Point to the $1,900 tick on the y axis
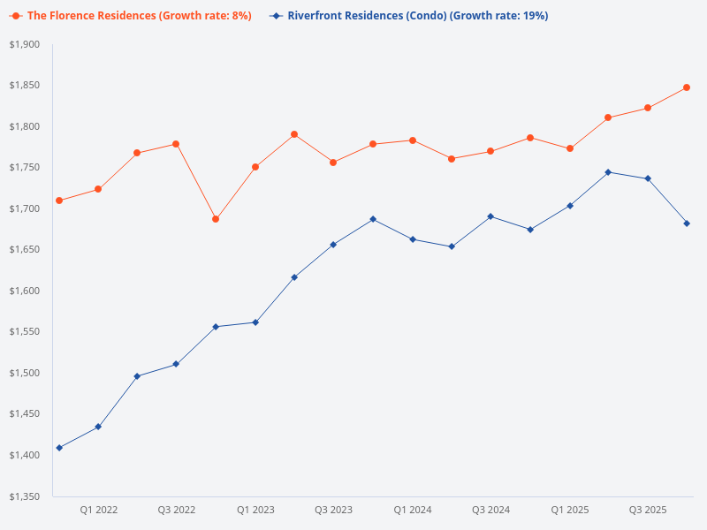tap(25, 45)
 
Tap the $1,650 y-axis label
tap(25, 250)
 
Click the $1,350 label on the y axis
tap(25, 496)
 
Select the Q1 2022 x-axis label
tap(99, 510)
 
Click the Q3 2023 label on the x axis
tap(333, 510)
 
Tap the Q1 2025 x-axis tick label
tap(570, 510)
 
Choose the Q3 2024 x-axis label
tap(490, 510)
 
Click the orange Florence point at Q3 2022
tap(176, 144)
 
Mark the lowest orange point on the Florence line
tap(216, 219)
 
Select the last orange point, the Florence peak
tap(687, 87)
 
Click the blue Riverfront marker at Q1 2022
tap(98, 427)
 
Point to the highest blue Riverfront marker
tap(608, 172)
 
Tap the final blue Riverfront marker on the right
tap(687, 223)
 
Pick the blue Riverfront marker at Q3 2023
tap(333, 245)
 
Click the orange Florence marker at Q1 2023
tap(255, 167)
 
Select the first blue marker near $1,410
tap(59, 448)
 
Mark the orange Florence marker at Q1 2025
tap(570, 148)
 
